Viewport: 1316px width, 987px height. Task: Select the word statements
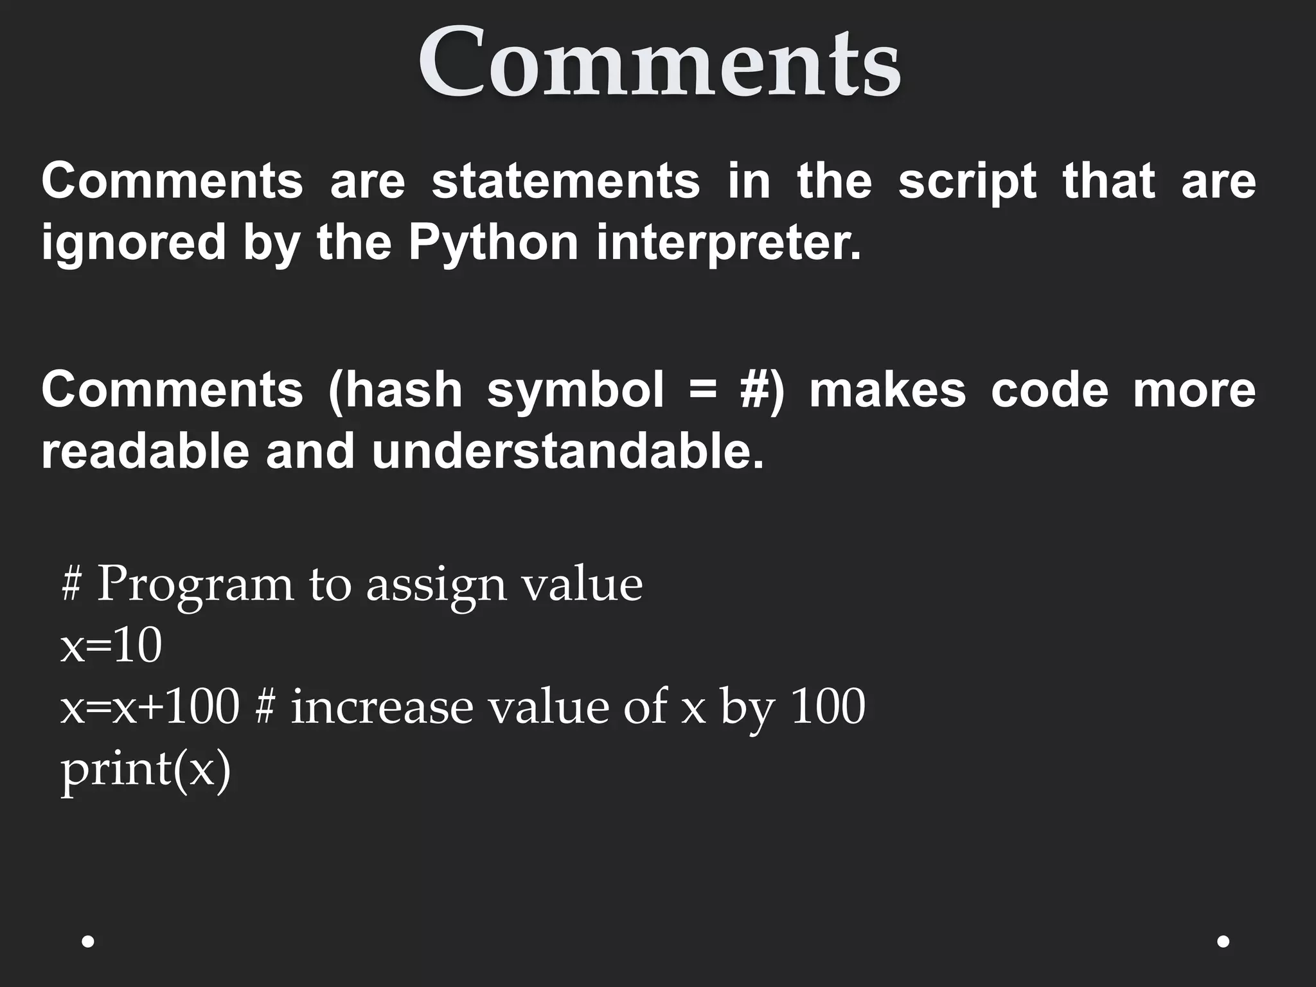click(x=565, y=181)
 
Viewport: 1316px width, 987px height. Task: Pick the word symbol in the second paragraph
click(x=575, y=390)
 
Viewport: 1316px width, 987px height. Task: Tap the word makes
click(x=887, y=390)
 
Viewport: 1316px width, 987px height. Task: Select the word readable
click(x=145, y=451)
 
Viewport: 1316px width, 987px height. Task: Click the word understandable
click(x=568, y=451)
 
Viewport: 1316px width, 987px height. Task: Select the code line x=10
click(x=111, y=646)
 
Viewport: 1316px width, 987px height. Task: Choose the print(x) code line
click(x=145, y=769)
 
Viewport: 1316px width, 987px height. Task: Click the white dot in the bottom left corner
click(x=89, y=941)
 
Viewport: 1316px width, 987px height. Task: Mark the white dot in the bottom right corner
click(x=1223, y=941)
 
